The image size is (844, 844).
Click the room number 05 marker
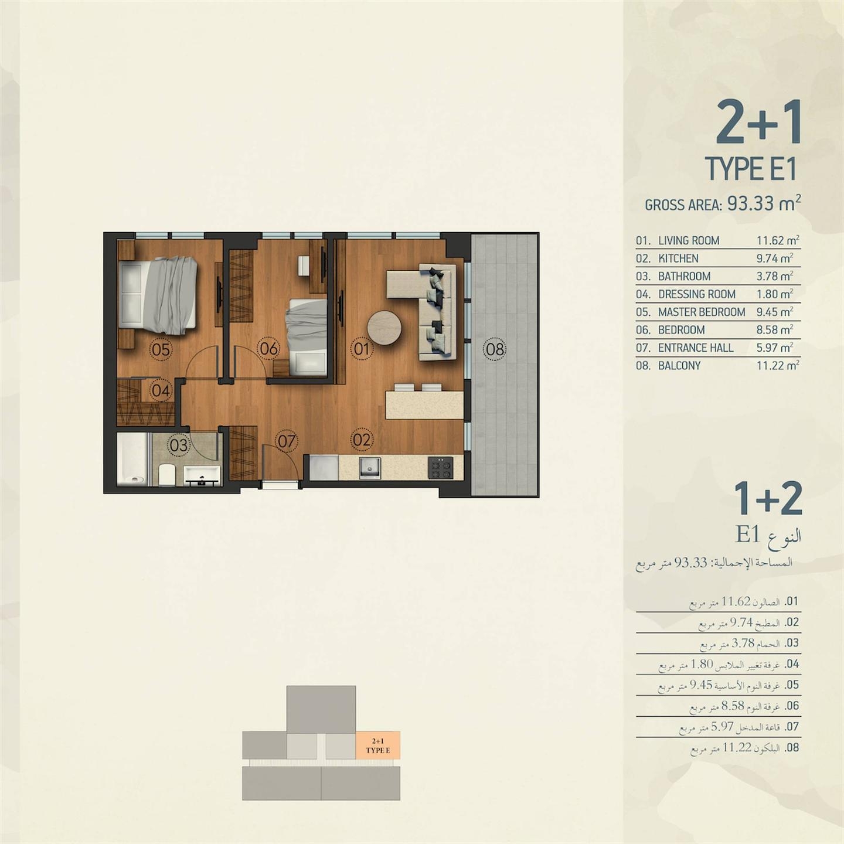click(x=161, y=349)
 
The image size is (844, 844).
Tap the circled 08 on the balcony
click(x=495, y=349)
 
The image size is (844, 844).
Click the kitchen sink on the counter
click(x=370, y=467)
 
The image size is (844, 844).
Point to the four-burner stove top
click(x=440, y=468)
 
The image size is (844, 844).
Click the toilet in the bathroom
click(x=167, y=474)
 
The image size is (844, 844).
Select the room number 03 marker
click(x=179, y=445)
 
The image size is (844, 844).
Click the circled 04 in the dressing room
click(x=161, y=390)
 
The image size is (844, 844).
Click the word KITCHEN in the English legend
click(x=679, y=258)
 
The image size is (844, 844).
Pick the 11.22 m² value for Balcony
click(x=778, y=365)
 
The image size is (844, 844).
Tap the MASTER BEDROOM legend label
click(x=702, y=312)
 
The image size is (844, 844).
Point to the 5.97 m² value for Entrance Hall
click(x=774, y=348)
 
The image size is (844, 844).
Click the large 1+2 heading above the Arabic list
click(x=767, y=499)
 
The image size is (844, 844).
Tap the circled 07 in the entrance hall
click(x=287, y=441)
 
